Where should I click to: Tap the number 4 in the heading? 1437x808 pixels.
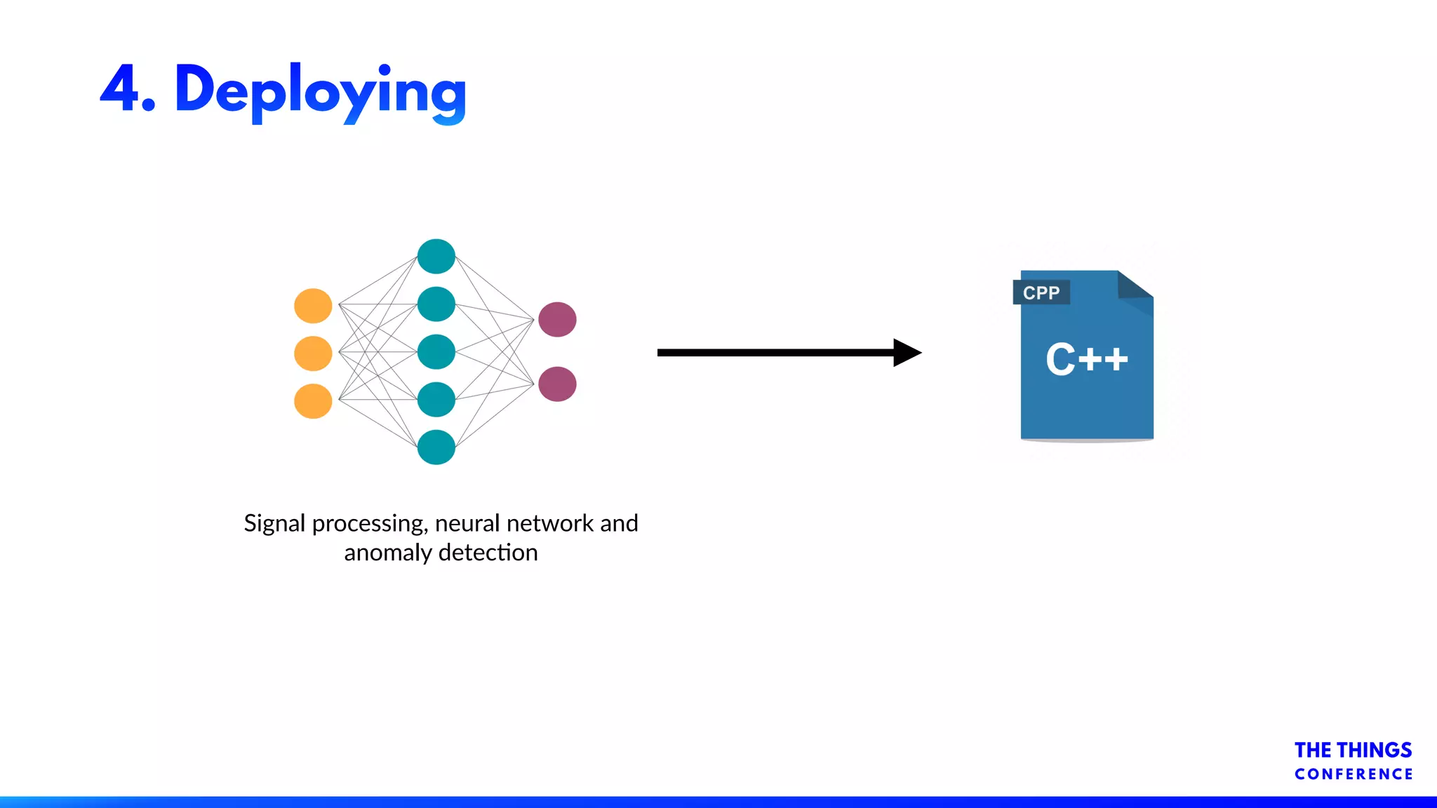click(x=120, y=88)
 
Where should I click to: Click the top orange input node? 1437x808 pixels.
click(x=313, y=306)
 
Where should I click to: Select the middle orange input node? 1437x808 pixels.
click(x=313, y=353)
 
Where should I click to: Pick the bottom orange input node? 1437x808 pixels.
click(x=313, y=401)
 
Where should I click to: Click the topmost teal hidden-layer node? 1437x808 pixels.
click(x=436, y=256)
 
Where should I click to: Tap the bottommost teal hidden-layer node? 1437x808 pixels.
click(x=436, y=447)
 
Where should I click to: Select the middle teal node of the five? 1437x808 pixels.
click(x=436, y=352)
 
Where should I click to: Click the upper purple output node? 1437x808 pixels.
click(x=557, y=320)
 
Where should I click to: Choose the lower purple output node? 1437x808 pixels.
click(x=557, y=384)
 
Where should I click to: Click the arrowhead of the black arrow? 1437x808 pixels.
click(x=907, y=353)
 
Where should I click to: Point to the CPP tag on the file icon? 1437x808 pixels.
click(x=1041, y=292)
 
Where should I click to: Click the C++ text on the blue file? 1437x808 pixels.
click(x=1086, y=360)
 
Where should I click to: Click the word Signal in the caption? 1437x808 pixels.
click(x=274, y=523)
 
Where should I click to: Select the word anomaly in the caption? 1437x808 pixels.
click(x=387, y=553)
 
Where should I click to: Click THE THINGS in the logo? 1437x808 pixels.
click(x=1353, y=750)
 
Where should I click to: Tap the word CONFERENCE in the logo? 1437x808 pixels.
click(x=1354, y=774)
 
